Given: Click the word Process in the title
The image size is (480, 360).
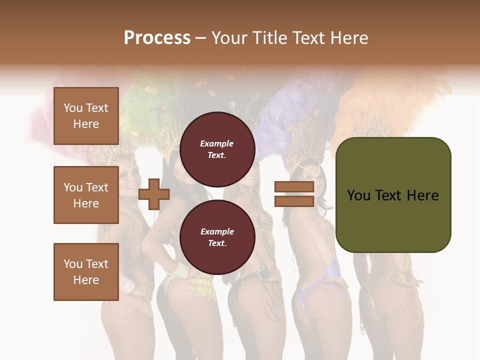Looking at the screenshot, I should click(157, 38).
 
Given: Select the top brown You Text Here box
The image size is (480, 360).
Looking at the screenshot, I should click(86, 116).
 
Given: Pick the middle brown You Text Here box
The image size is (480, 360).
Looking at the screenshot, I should click(86, 195).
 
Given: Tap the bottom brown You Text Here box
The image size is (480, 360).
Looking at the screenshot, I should click(86, 272).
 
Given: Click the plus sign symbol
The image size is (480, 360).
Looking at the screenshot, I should click(153, 194).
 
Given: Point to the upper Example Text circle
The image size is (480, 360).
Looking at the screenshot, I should click(217, 149).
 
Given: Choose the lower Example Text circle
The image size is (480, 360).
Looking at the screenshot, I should click(217, 237).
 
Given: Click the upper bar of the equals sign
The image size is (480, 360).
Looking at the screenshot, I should click(294, 187).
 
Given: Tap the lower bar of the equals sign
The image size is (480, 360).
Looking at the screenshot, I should click(294, 201).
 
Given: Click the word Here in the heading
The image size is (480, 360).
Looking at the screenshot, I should click(349, 38).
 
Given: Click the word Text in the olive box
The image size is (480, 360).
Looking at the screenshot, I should click(389, 195).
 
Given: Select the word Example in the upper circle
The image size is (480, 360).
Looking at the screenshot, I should click(217, 144).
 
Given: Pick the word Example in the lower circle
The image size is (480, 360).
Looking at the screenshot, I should click(217, 232).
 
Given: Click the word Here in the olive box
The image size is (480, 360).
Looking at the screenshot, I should click(422, 195).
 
